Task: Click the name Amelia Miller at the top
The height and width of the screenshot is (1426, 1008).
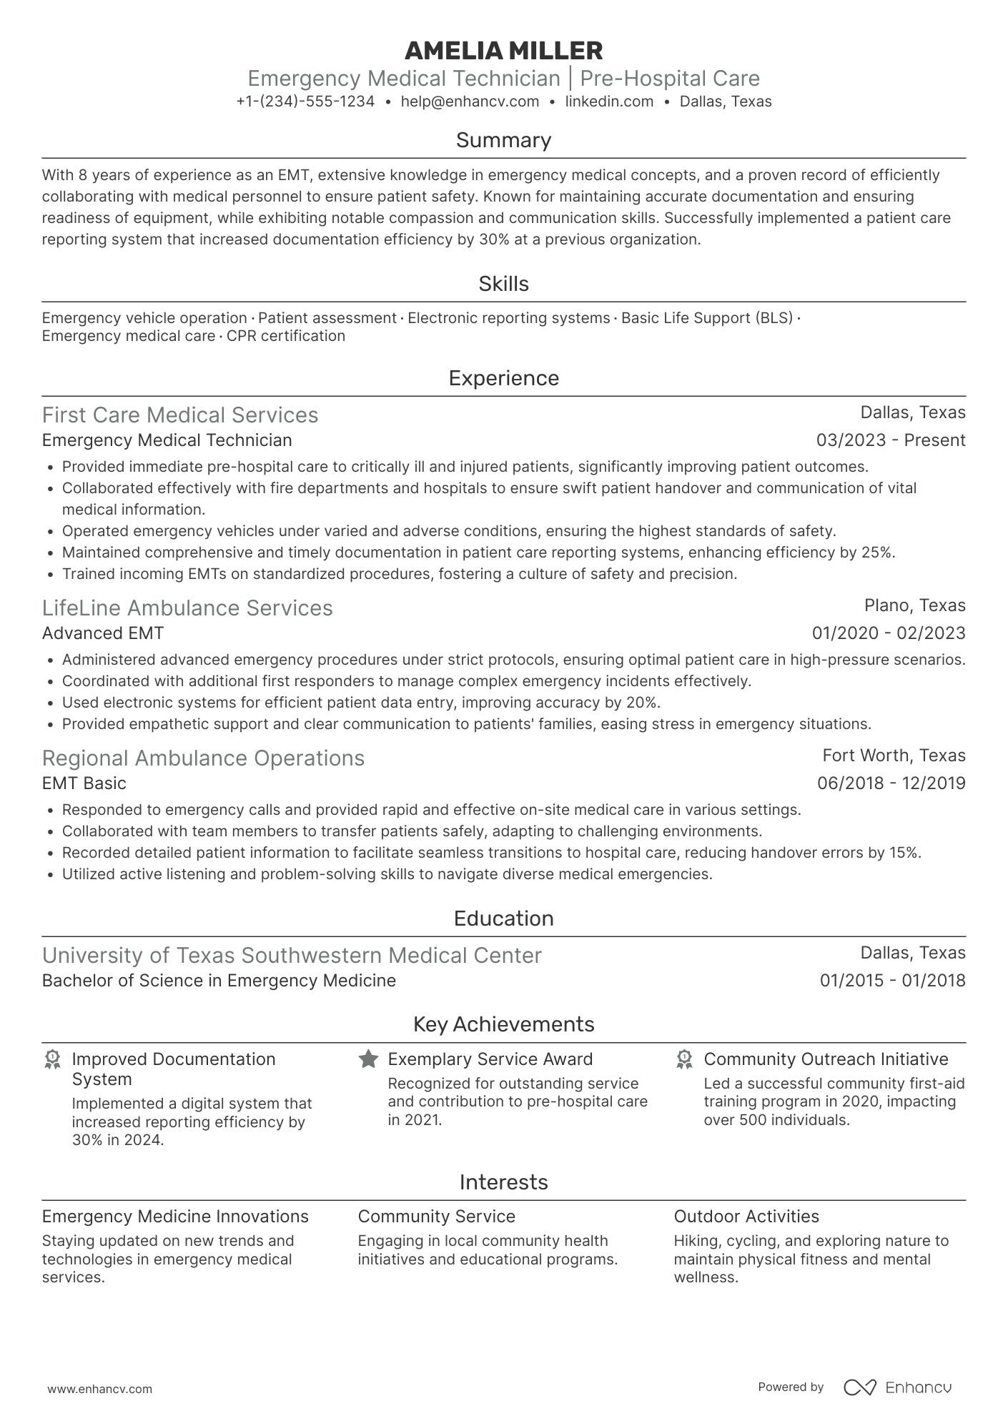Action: click(x=503, y=51)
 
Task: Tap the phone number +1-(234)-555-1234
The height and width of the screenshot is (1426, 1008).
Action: click(x=305, y=101)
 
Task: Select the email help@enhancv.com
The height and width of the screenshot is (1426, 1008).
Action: click(x=470, y=101)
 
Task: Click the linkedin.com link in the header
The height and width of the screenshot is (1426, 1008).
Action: click(x=609, y=101)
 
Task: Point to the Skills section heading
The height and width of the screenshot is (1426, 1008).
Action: click(x=503, y=284)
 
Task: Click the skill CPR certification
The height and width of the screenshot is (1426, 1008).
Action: click(x=285, y=336)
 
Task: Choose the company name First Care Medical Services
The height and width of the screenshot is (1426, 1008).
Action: click(x=180, y=415)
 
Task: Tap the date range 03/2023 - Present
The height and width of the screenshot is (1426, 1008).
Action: click(x=891, y=440)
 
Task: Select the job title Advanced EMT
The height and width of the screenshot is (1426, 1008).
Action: click(x=103, y=633)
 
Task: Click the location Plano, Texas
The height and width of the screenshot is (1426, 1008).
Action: click(x=914, y=605)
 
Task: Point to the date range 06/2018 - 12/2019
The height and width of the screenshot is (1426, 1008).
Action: click(x=891, y=783)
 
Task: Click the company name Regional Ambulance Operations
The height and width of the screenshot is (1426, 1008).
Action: click(x=203, y=758)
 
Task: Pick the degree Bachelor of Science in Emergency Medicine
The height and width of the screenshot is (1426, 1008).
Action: click(x=219, y=981)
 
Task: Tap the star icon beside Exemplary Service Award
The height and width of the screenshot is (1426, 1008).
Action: click(x=368, y=1059)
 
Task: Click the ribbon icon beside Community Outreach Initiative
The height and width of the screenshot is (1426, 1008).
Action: click(x=684, y=1059)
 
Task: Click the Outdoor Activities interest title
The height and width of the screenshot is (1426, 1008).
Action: click(x=746, y=1217)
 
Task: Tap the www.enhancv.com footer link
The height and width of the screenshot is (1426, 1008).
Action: click(x=100, y=1390)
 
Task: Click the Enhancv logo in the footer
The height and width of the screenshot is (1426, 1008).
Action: click(x=897, y=1387)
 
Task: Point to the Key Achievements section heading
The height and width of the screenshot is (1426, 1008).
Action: click(x=503, y=1024)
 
